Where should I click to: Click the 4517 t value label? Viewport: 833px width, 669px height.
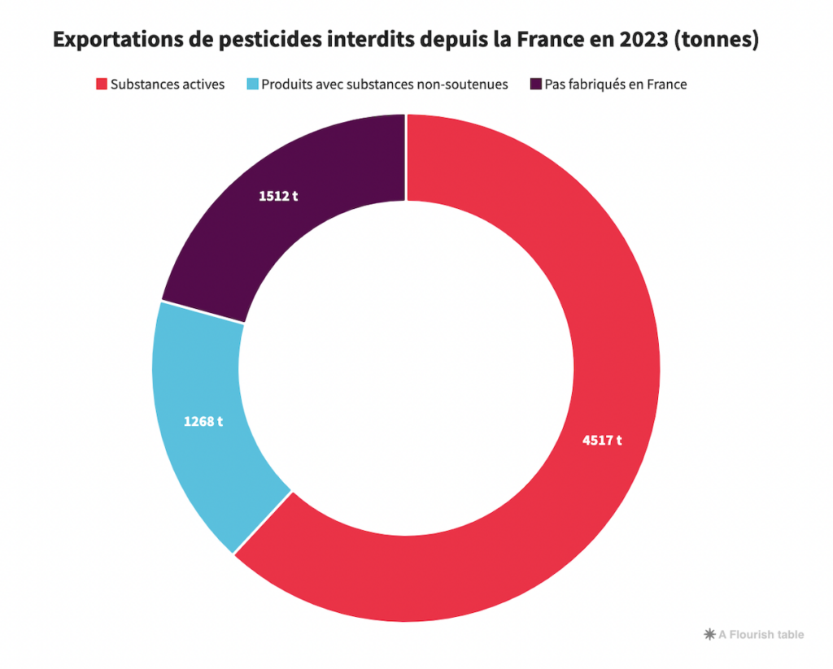coord(602,441)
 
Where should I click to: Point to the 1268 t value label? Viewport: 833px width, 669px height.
coord(203,422)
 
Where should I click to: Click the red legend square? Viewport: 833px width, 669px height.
coord(102,84)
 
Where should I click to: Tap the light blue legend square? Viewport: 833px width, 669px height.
coord(252,84)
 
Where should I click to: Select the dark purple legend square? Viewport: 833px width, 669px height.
coord(535,84)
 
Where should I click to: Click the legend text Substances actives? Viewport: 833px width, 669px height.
coord(168,84)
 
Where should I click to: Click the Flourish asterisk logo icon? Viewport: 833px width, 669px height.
coord(709,634)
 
